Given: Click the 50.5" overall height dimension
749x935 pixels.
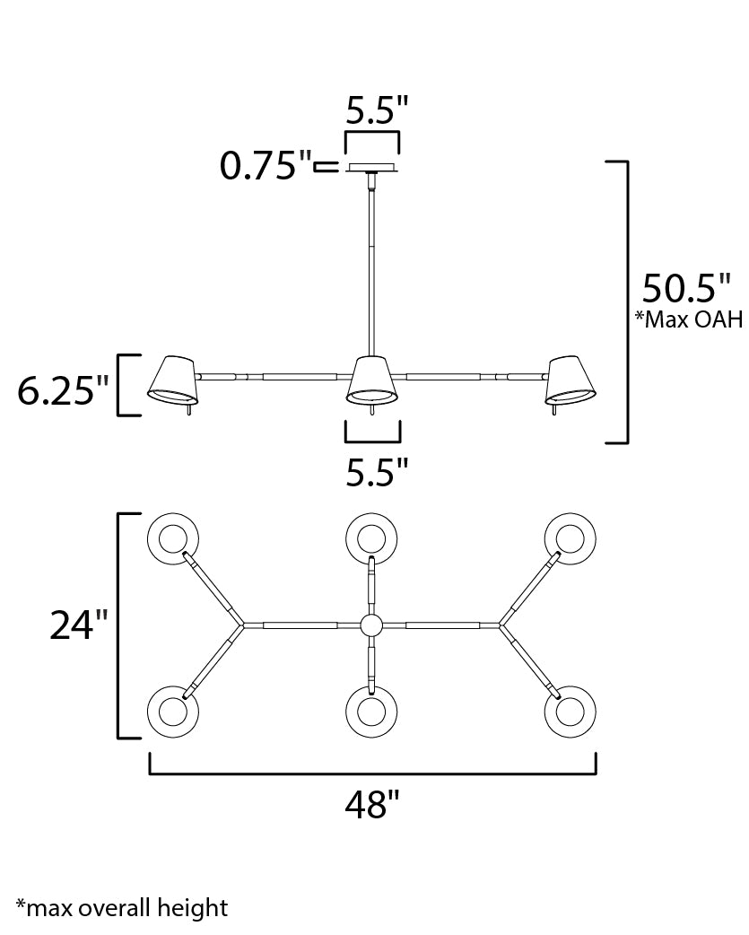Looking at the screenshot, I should pos(686,290).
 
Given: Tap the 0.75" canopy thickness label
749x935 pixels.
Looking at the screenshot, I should pos(266,166).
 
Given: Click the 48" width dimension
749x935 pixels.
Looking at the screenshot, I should pos(371,805).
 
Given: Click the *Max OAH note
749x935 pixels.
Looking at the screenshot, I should pos(689,320).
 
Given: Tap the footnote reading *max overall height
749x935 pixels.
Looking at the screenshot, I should pos(121,908).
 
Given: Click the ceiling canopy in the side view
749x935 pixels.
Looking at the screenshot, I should pos(372,168).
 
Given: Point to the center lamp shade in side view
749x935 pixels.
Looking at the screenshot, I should pos(372,380).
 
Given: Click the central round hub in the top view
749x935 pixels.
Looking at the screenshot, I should pos(371,625).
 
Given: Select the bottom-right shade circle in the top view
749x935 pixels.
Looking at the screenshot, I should pos(570,712).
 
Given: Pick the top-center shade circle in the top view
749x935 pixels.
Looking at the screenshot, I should pos(371,538).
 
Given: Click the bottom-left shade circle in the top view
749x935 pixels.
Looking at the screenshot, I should pos(172,712).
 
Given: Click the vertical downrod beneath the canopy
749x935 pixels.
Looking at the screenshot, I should pos(371,260).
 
